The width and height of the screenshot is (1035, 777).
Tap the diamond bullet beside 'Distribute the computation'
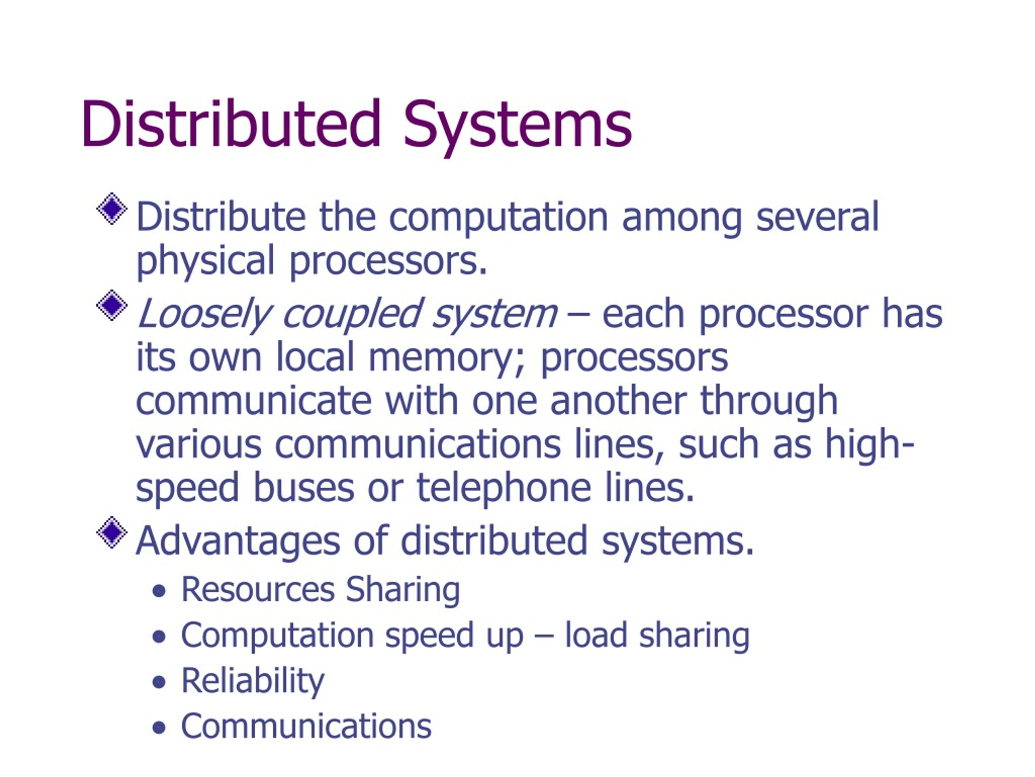click(x=112, y=208)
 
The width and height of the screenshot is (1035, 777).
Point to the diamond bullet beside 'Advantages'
click(x=112, y=532)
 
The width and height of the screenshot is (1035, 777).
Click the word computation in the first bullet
click(x=499, y=217)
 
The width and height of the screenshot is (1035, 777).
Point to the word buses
click(x=303, y=487)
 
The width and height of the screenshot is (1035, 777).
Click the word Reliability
click(x=253, y=681)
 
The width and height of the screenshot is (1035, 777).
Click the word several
click(x=817, y=217)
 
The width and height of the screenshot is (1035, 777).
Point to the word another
click(x=618, y=401)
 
